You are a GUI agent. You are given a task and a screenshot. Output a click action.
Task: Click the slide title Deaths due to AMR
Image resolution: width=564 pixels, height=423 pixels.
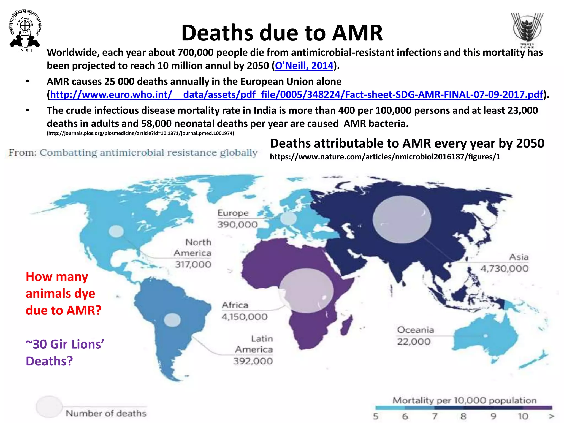point(282,33)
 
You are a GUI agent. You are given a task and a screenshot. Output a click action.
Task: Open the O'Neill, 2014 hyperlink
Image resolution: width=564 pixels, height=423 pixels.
point(304,66)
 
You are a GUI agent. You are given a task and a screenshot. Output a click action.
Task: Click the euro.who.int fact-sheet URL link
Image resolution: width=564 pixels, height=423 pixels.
point(296,95)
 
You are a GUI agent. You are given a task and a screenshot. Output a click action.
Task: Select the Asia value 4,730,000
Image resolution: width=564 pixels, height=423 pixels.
point(504,269)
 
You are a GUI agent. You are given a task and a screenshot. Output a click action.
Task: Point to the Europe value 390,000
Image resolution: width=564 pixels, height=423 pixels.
point(237,224)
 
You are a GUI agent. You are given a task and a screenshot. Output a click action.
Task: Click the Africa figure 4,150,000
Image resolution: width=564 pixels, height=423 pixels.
point(244,317)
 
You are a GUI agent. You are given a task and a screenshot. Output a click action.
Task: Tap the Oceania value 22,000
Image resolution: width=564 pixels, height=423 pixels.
point(414,342)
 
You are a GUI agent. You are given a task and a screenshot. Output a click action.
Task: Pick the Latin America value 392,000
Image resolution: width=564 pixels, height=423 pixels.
point(253,361)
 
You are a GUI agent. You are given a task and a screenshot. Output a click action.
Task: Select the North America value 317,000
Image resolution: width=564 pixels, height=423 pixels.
point(193,264)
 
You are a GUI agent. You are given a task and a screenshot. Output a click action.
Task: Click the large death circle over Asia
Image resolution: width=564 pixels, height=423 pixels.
point(402,219)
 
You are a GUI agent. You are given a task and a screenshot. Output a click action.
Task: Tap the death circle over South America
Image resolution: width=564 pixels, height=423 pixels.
point(172,320)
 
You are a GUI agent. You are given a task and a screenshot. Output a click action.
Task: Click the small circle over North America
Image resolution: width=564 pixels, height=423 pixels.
point(116,231)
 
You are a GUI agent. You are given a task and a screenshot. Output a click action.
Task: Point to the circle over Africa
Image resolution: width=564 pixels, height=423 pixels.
point(307,291)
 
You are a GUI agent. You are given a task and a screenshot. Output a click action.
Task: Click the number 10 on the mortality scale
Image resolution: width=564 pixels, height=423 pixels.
point(523,416)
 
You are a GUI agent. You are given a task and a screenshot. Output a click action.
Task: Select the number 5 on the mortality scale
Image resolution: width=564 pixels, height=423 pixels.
point(376,416)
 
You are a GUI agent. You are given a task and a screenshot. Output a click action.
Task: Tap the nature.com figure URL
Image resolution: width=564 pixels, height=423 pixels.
point(385,157)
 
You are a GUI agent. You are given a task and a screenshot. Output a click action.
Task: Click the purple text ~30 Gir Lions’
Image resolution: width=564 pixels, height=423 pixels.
point(65,345)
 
